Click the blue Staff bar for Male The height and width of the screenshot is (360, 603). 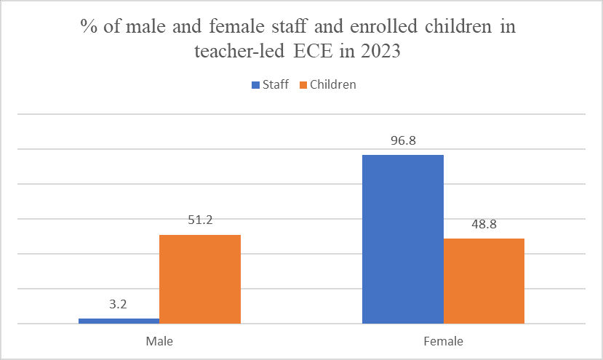point(119,321)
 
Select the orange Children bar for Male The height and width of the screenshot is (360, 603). point(200,279)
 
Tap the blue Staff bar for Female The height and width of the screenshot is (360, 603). point(402,239)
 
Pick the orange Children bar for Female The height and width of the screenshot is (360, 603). point(484,281)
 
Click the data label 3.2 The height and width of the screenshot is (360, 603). point(119,305)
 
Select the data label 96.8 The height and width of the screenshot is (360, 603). point(402,140)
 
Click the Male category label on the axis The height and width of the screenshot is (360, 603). point(159,340)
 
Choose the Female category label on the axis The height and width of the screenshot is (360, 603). point(443,340)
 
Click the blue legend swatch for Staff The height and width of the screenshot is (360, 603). point(255,85)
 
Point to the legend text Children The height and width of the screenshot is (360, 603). point(333,85)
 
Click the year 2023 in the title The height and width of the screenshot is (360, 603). point(380,53)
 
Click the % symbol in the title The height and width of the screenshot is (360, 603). point(87,28)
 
